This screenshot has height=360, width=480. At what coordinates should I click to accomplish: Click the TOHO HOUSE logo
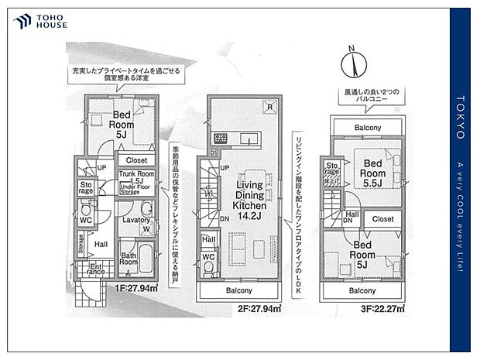41,21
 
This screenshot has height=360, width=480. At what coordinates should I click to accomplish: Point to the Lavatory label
135,221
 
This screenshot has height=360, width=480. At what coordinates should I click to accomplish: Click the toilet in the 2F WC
208,268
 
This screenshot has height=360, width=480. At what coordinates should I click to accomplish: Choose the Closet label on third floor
382,219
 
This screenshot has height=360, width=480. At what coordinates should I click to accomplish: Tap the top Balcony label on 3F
368,127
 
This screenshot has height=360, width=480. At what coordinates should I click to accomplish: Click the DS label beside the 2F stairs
214,153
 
